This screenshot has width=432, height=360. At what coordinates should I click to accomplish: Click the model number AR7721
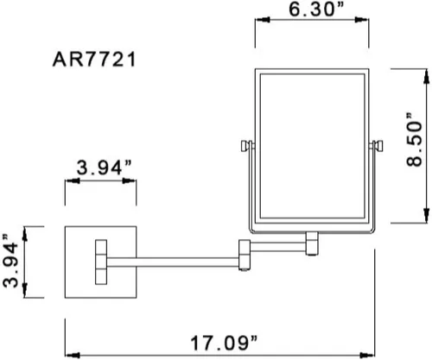[94, 60]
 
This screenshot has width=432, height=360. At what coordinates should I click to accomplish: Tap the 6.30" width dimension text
[316, 9]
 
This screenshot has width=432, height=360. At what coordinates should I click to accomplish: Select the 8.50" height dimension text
[414, 140]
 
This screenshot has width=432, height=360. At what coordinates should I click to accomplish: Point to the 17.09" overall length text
[223, 343]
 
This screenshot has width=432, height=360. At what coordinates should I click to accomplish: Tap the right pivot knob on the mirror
[376, 146]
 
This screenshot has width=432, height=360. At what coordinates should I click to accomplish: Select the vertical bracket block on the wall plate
[101, 262]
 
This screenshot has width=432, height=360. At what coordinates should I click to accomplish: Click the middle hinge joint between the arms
[245, 255]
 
